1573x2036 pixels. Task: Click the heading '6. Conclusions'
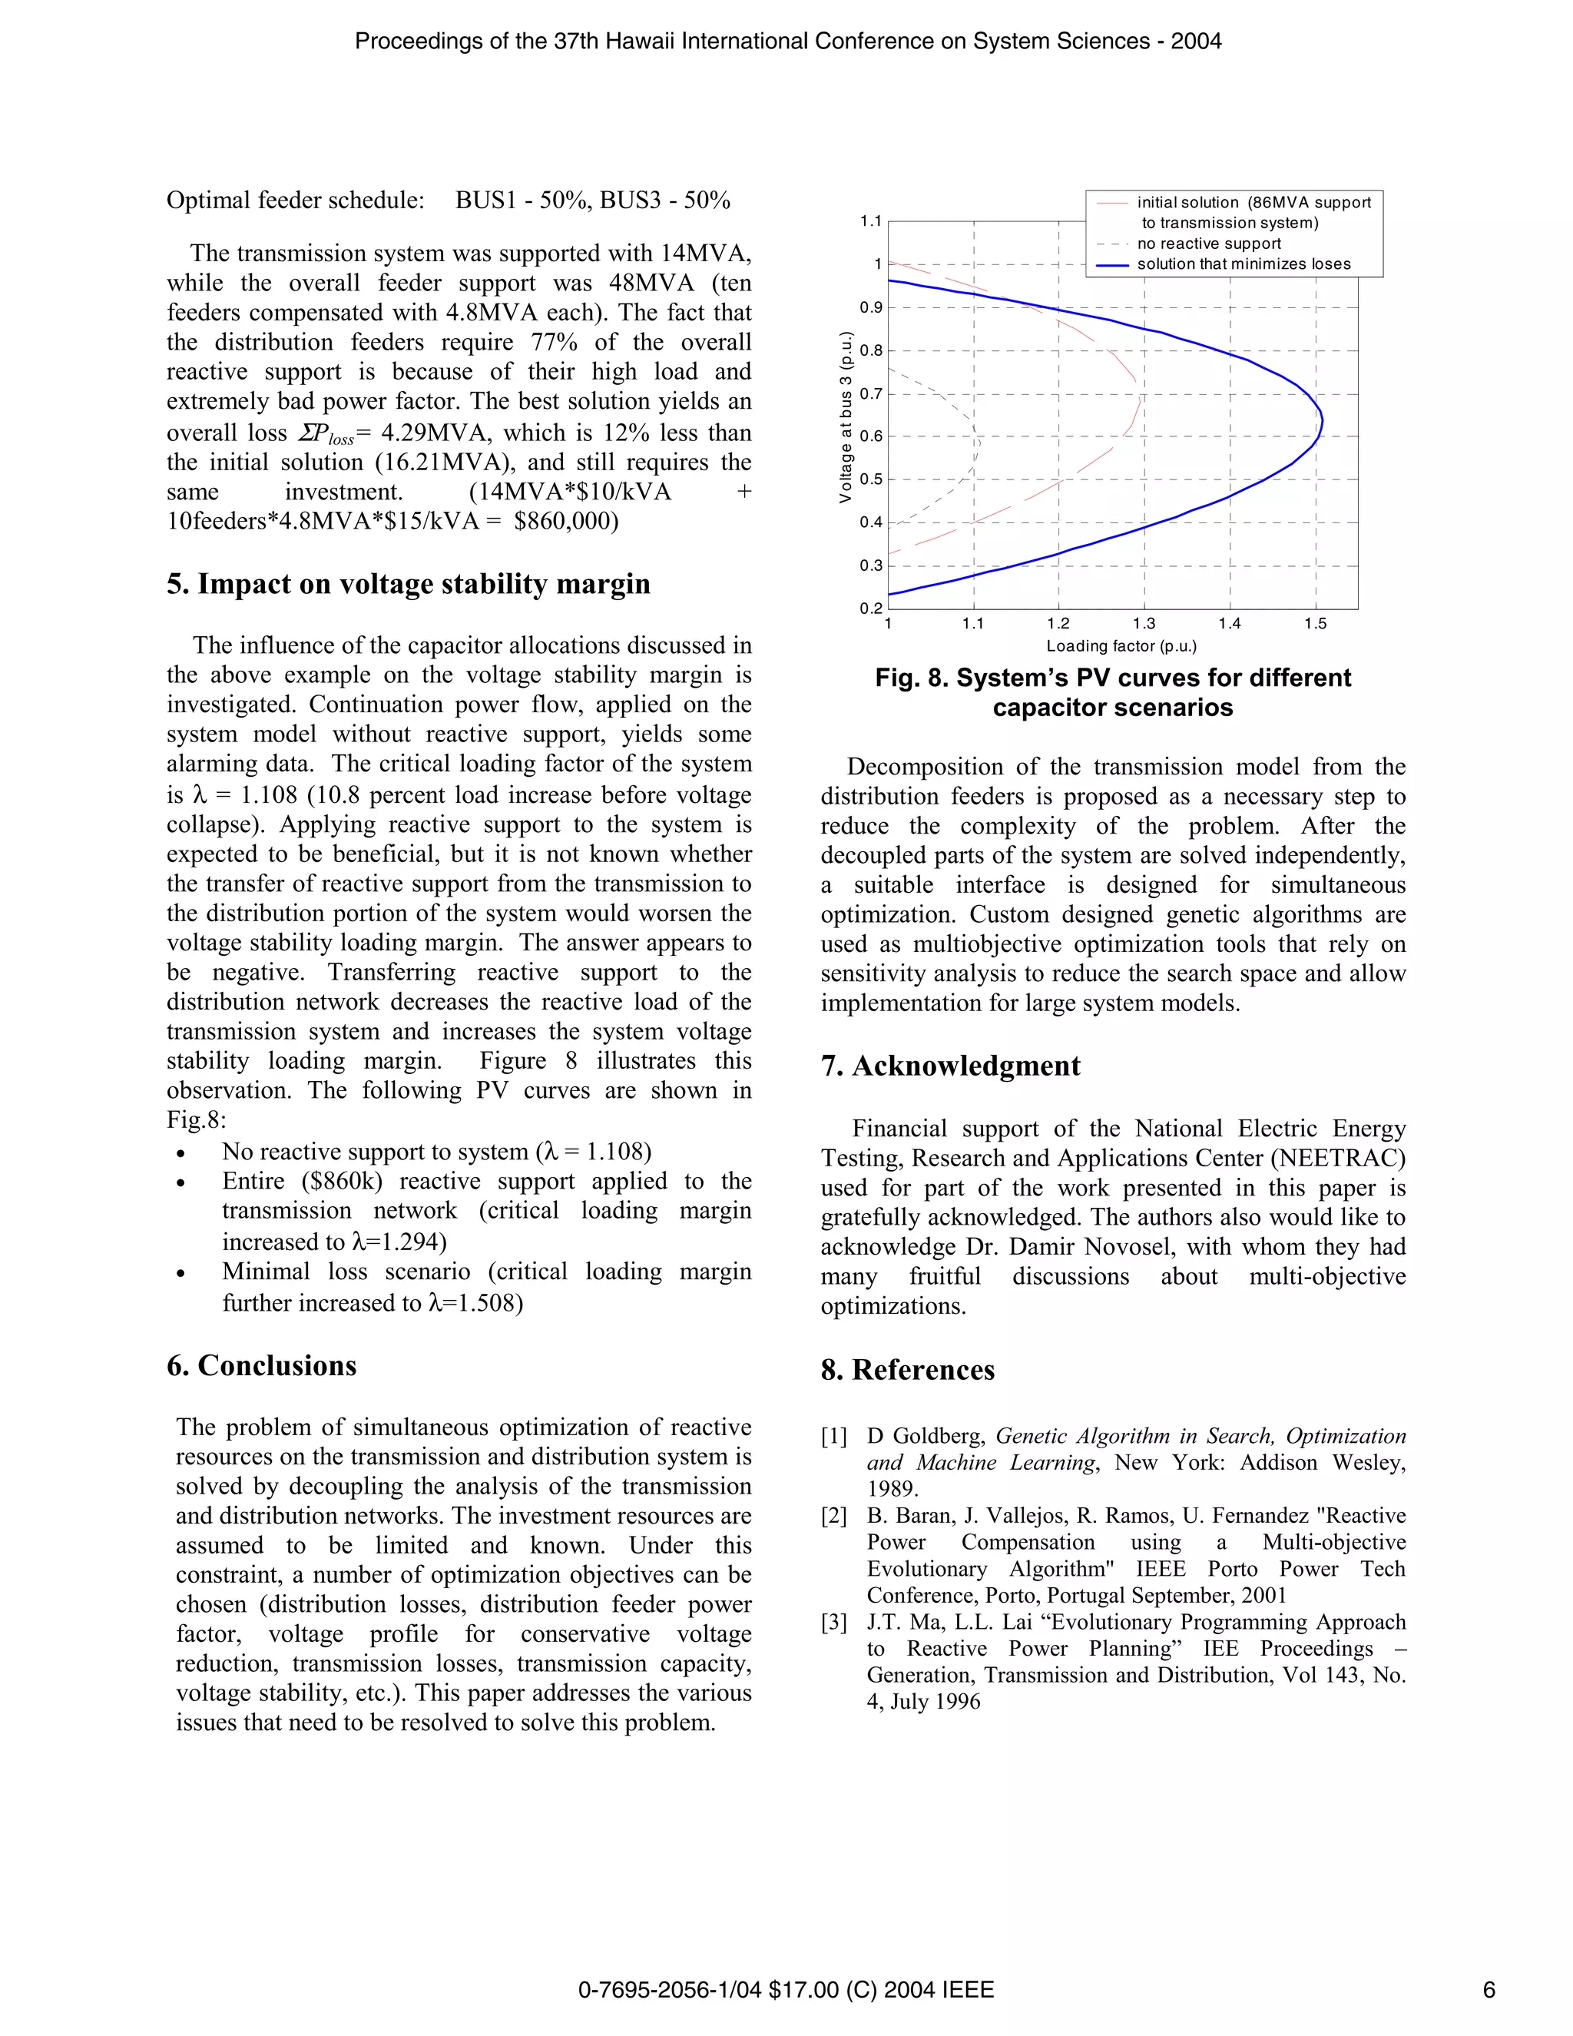261,1366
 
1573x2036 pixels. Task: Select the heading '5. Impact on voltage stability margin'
408,585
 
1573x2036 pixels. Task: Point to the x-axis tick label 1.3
1144,625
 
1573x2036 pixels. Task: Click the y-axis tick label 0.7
870,394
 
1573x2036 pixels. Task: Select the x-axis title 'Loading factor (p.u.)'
1121,646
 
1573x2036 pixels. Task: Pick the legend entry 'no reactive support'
1209,244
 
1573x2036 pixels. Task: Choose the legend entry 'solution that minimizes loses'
1243,264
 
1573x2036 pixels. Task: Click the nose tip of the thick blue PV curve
1321,423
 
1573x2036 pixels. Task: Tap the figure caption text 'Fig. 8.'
910,678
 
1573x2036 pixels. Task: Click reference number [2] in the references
834,1517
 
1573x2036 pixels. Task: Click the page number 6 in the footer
1489,1991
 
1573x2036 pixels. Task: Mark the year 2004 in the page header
1196,41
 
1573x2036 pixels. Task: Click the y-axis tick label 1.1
870,222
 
